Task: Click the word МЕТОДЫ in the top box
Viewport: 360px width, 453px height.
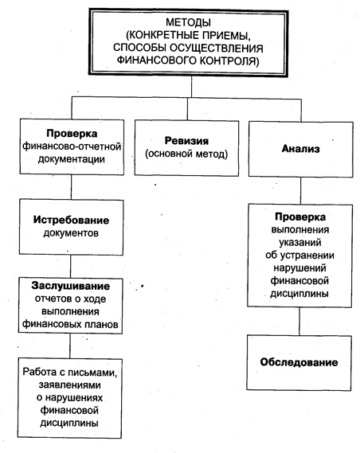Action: coord(189,22)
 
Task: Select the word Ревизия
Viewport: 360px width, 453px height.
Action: coord(186,141)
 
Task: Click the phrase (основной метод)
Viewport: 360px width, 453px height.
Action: coord(186,154)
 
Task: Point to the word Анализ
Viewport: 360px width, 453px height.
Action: coord(301,149)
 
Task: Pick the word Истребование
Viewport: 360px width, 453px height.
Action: coord(71,221)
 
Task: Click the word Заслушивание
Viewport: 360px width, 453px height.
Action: coord(71,286)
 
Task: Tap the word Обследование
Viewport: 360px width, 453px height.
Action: coord(299,362)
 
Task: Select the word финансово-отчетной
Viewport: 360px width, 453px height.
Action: coord(72,146)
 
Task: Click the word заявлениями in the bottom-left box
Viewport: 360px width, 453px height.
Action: coord(69,385)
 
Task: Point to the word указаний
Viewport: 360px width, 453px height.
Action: coord(300,242)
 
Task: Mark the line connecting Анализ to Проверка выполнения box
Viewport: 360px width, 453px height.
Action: coord(300,191)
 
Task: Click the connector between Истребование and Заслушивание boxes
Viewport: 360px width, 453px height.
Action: coord(71,267)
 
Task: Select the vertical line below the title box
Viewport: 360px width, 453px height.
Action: coord(191,87)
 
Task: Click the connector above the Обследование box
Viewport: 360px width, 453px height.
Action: coord(299,321)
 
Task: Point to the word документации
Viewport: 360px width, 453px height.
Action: coord(72,159)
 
